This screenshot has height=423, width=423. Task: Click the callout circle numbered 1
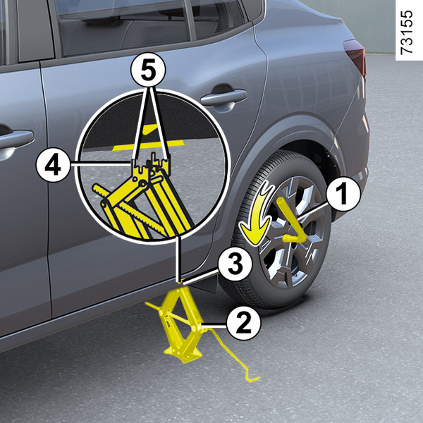pyautogui.click(x=343, y=195)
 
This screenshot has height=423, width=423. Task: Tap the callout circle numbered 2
pyautogui.click(x=244, y=323)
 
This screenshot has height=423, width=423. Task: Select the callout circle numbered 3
pyautogui.click(x=235, y=264)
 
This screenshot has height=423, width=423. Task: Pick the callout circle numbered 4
pyautogui.click(x=53, y=165)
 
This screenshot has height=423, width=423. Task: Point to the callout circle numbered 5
pyautogui.click(x=148, y=70)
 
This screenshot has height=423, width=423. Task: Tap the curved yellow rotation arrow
pyautogui.click(x=257, y=213)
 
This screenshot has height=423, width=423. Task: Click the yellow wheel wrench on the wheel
pyautogui.click(x=293, y=223)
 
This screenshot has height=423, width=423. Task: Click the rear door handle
pyautogui.click(x=223, y=97)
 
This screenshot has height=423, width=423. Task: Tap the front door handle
pyautogui.click(x=15, y=139)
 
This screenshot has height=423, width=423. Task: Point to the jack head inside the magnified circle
pyautogui.click(x=151, y=166)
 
